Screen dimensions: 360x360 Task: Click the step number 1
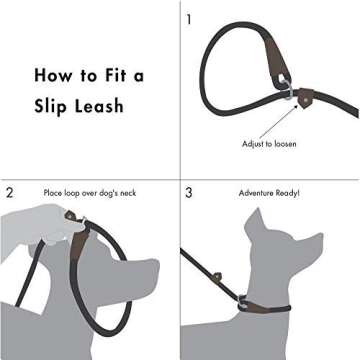pyautogui.click(x=189, y=18)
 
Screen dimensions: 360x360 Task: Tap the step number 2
pyautogui.click(x=9, y=191)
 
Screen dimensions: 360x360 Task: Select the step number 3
pyautogui.click(x=189, y=191)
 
